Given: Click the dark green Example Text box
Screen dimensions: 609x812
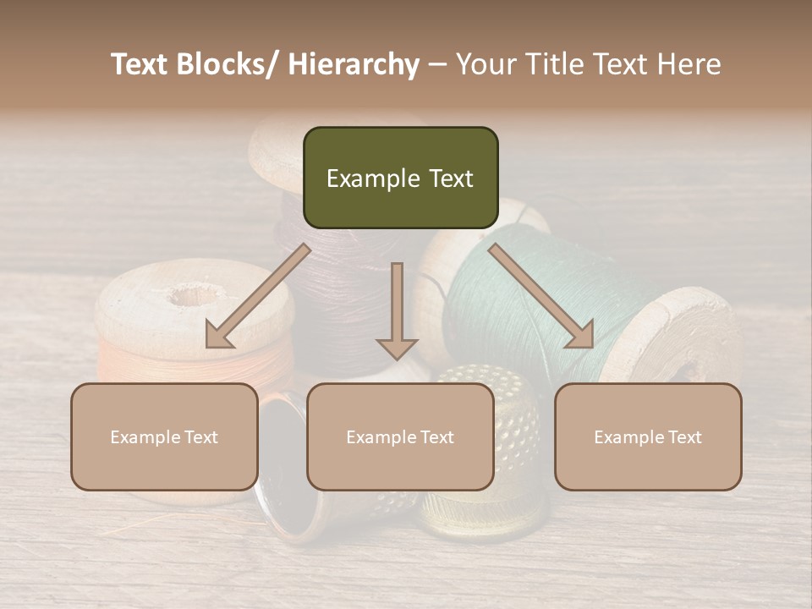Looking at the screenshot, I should click(x=400, y=178).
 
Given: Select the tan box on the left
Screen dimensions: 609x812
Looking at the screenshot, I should click(x=164, y=436).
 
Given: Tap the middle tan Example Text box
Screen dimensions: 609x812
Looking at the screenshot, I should click(x=400, y=436).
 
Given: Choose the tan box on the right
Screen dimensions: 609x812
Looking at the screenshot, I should click(x=648, y=436).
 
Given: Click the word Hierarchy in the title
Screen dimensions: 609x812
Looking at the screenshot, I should click(x=354, y=64).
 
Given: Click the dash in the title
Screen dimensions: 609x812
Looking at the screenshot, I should click(x=437, y=64).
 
